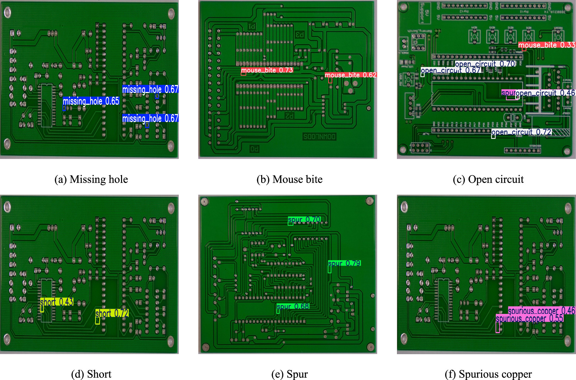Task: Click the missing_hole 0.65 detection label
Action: (91, 101)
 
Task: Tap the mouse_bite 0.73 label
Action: (267, 70)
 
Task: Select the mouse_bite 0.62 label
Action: (351, 75)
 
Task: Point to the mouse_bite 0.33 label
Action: (546, 45)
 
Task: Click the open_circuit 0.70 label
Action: (485, 64)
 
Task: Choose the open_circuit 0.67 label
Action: (451, 70)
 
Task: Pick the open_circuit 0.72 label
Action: (521, 132)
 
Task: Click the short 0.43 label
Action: (57, 302)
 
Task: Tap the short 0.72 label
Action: (112, 313)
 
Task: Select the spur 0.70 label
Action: (304, 220)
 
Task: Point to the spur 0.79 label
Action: (344, 263)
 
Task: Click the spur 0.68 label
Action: (293, 306)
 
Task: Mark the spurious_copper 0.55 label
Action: (529, 318)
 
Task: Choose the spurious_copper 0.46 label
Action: (541, 311)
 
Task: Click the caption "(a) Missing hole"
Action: (91, 179)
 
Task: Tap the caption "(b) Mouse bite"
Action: (289, 179)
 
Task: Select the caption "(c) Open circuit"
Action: (488, 179)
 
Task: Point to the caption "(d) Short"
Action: (91, 374)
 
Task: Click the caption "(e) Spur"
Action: (289, 374)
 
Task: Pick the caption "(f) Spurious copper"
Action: (488, 374)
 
